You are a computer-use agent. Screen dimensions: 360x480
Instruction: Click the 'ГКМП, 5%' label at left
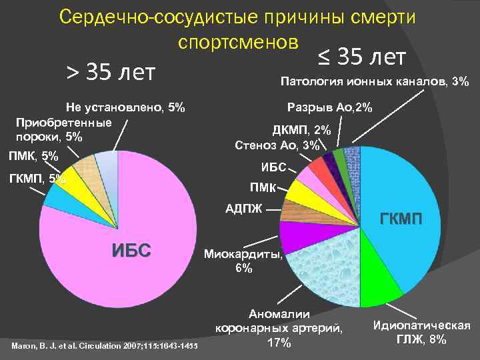37,178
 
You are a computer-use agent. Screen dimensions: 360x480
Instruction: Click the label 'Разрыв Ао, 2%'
329,107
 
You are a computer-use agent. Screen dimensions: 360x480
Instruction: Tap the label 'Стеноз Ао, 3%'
277,145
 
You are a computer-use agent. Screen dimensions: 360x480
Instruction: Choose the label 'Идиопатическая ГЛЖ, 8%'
421,332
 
